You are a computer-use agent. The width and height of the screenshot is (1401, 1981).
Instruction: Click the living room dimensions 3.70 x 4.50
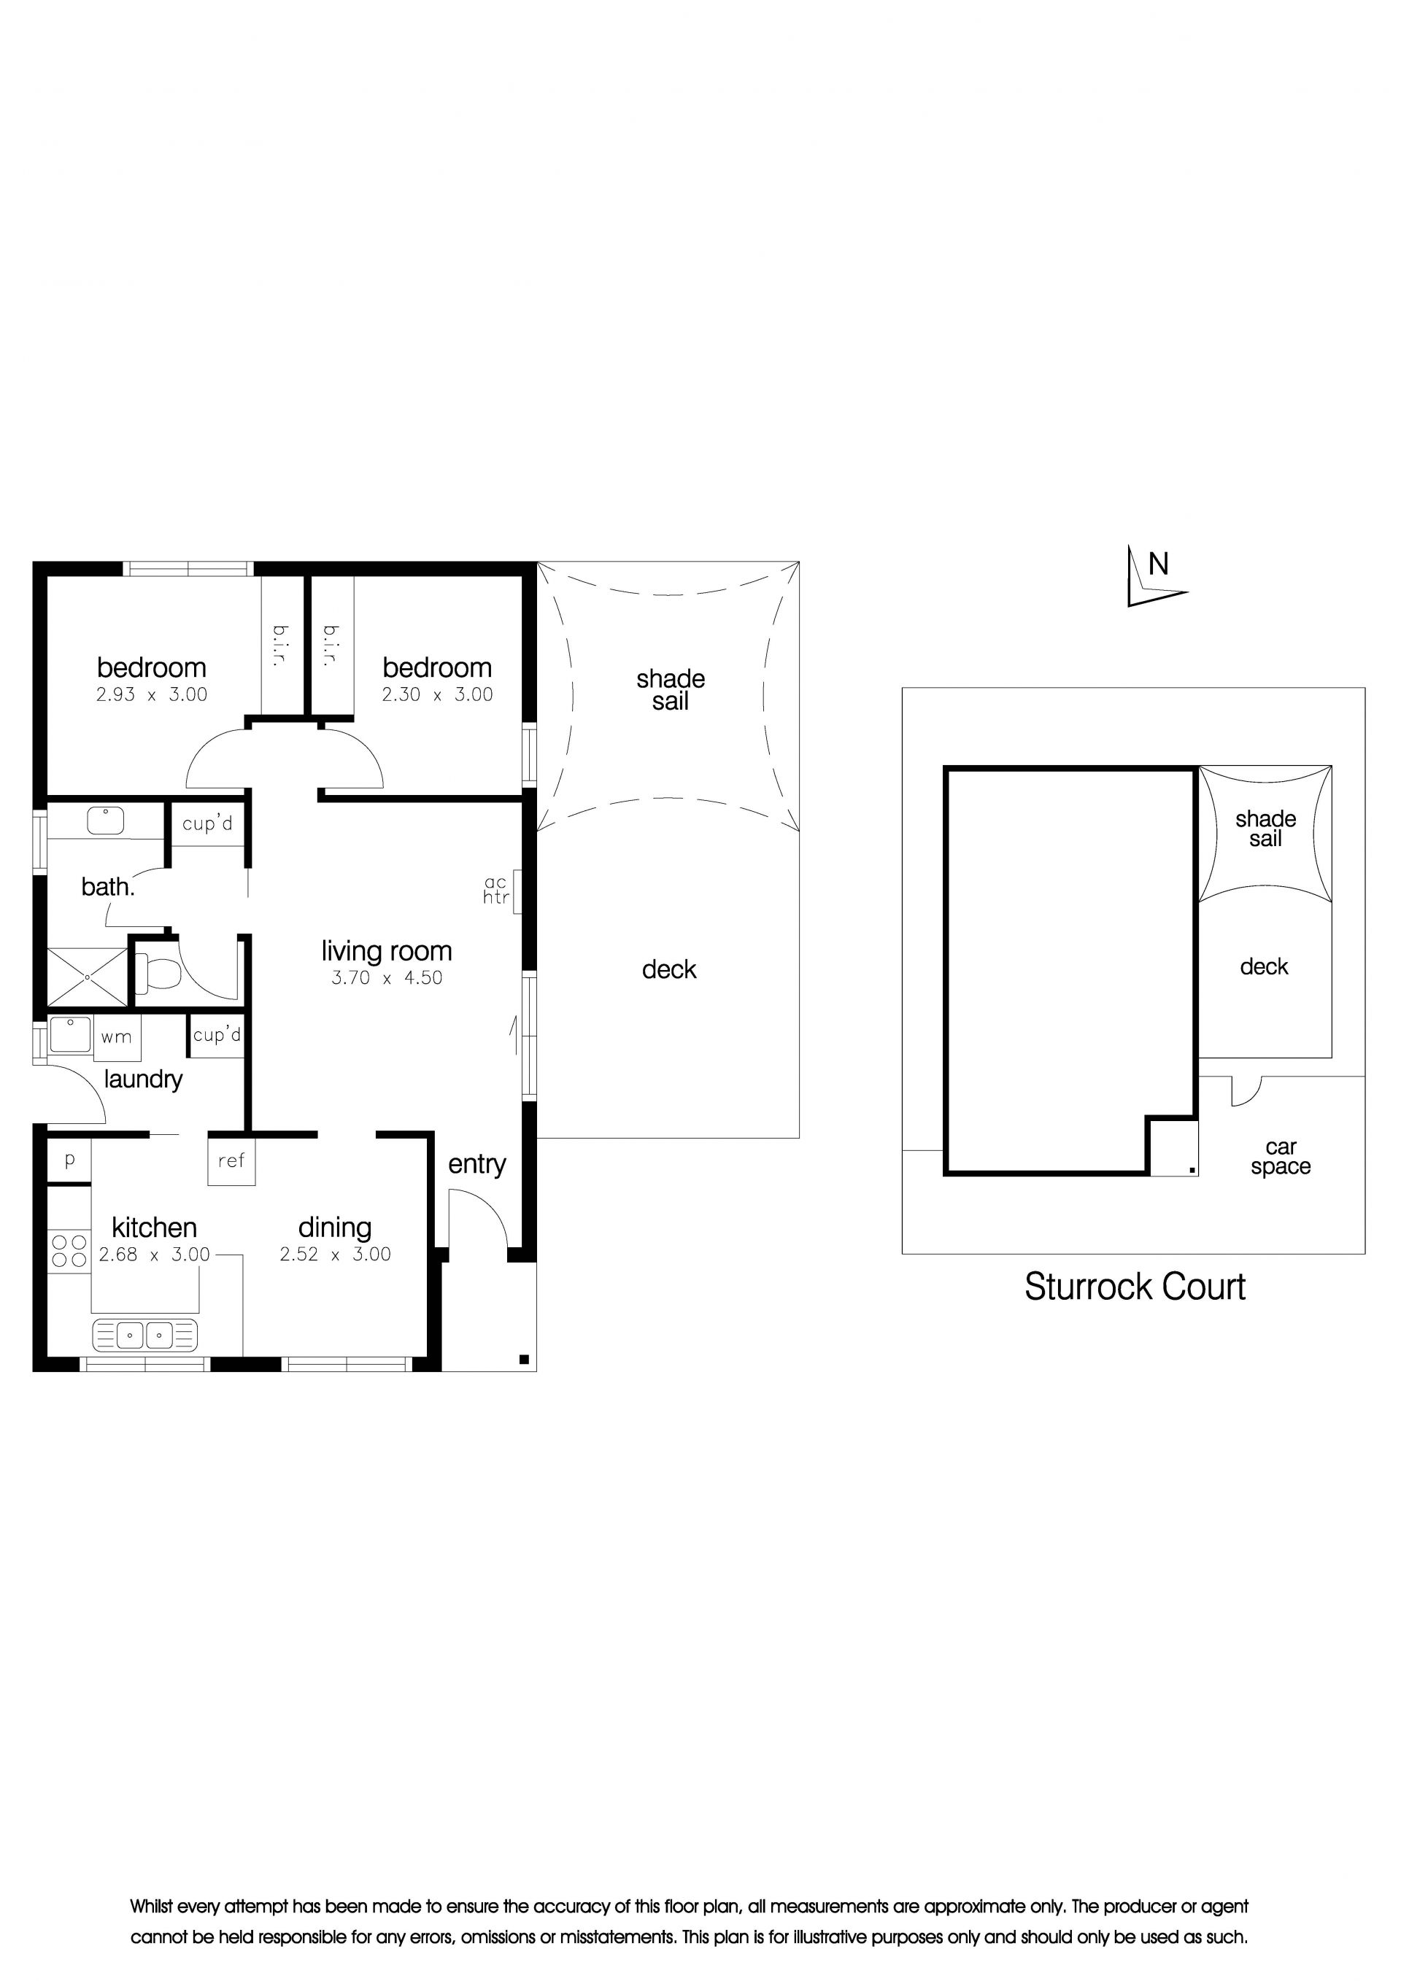387,977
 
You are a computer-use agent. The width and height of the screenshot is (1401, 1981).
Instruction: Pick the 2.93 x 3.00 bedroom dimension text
152,694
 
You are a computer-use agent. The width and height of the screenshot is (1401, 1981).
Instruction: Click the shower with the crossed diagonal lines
87,977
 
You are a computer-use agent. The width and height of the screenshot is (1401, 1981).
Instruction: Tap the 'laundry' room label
143,1080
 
